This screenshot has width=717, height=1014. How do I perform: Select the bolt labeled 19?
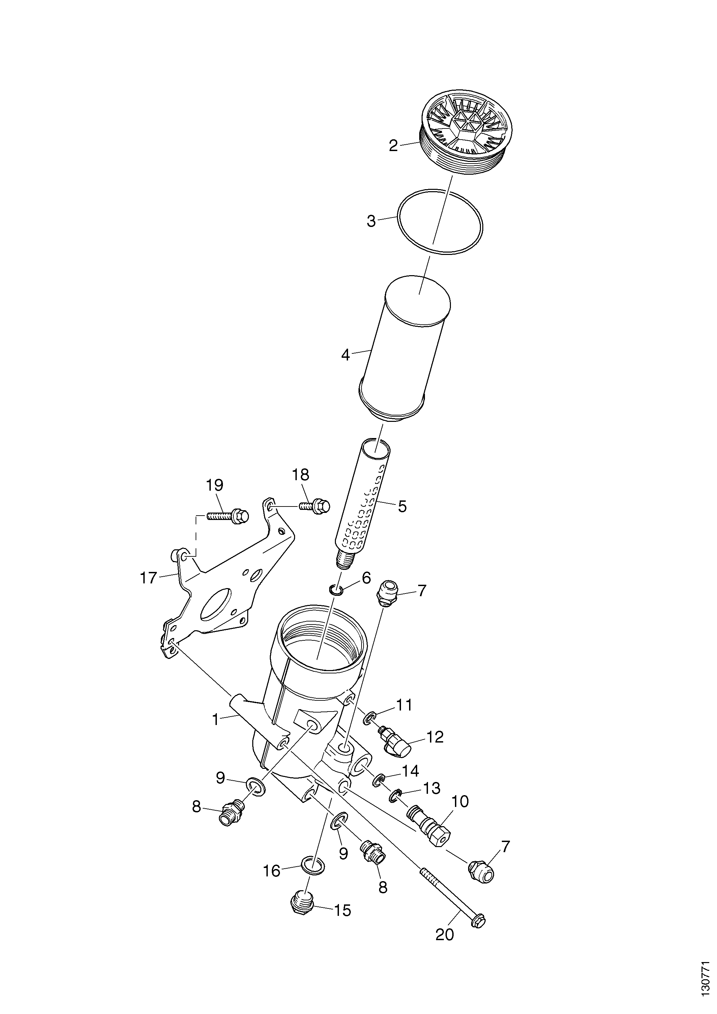pos(228,516)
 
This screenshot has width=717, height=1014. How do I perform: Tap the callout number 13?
pos(432,789)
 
